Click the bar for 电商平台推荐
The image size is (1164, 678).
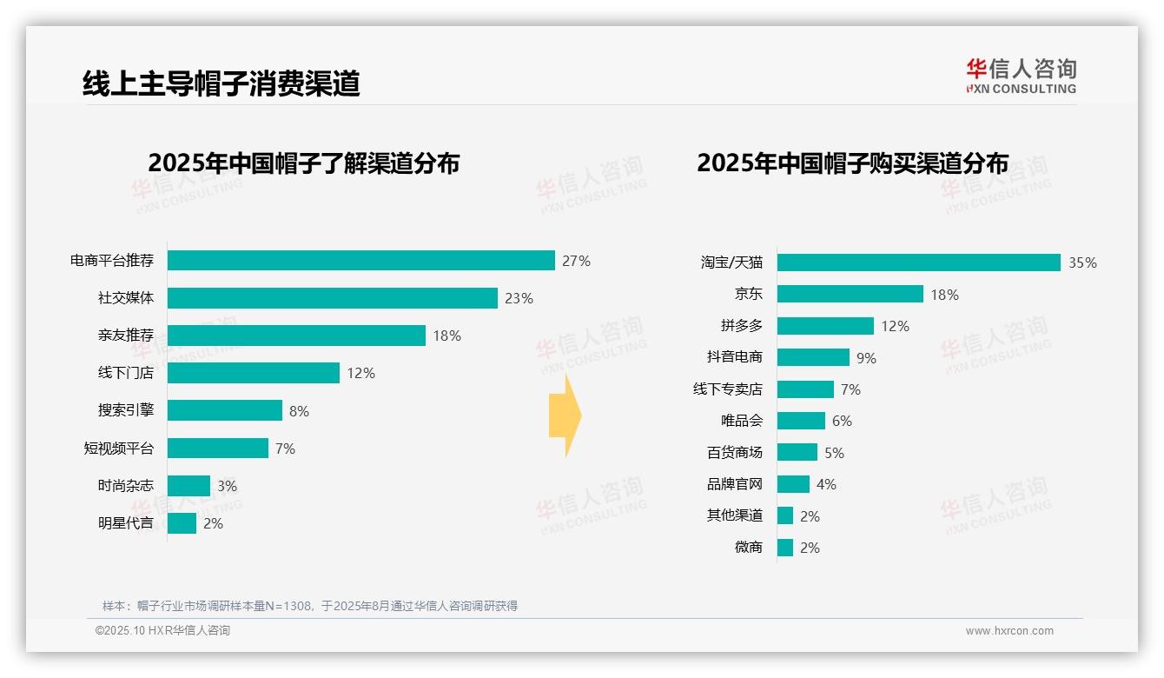[360, 261]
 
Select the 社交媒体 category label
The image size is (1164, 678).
[126, 298]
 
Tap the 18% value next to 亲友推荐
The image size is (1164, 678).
[446, 336]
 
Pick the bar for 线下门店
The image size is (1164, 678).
[253, 373]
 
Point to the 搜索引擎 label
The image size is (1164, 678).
[126, 410]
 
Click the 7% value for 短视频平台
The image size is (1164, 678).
[285, 449]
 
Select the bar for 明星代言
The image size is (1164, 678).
[182, 523]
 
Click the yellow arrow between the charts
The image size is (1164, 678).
[565, 415]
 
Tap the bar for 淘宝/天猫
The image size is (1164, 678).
[918, 263]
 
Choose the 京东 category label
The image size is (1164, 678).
[748, 295]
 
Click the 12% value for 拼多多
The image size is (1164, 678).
[895, 326]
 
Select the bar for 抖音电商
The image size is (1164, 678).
[813, 357]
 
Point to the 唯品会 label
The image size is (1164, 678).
[742, 421]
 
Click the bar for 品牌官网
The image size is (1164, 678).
[793, 484]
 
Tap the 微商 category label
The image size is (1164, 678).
[748, 548]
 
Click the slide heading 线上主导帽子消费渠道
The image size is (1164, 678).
[221, 83]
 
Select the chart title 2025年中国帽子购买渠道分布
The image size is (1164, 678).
[852, 163]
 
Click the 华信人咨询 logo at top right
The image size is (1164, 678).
[1021, 76]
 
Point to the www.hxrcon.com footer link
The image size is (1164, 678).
[1009, 631]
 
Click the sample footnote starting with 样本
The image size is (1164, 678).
[309, 606]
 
